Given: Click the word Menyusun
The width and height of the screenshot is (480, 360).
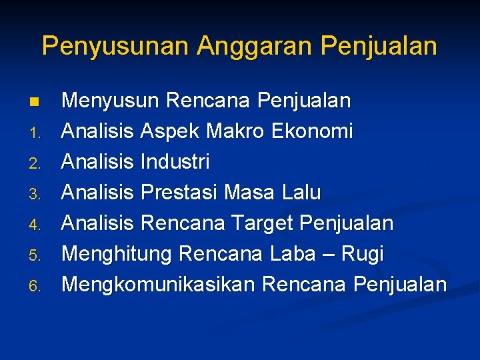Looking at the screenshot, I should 110,101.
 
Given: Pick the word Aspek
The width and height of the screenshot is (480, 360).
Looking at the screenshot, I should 171,132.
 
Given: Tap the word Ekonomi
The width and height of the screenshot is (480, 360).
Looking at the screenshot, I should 312,132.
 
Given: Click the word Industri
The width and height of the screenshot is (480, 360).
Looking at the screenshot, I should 175,162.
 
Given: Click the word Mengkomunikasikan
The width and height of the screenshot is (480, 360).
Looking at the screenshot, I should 158,285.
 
